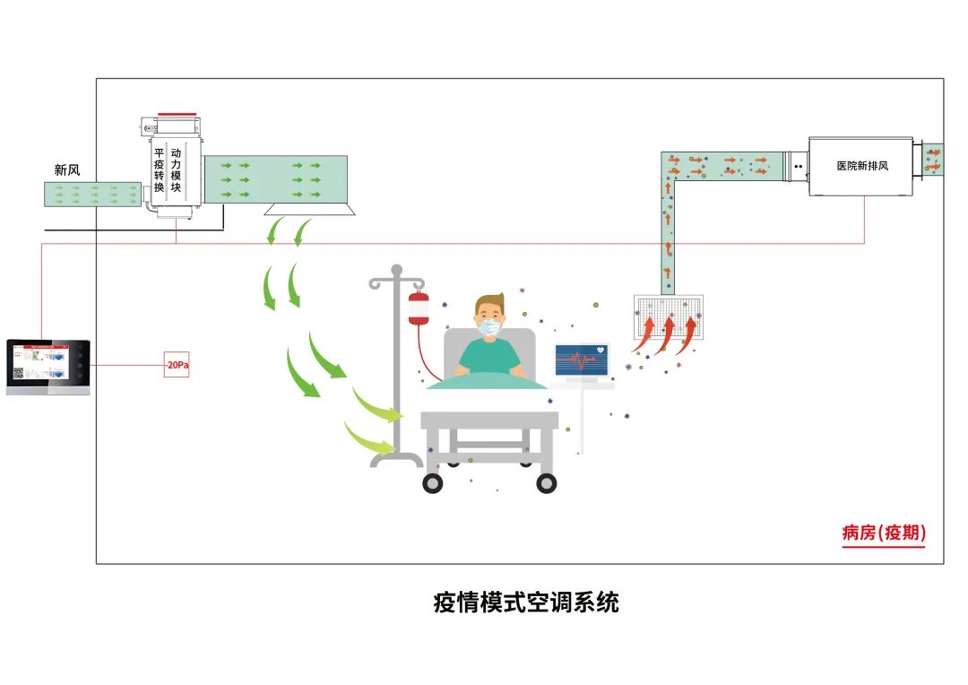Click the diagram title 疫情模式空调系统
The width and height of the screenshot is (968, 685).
coord(526,603)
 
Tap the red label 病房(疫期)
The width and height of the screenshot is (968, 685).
coord(883,533)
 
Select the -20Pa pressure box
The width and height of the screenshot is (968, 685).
coord(177,366)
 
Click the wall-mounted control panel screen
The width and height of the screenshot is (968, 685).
coord(39,366)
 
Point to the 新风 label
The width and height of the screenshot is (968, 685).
coord(67,169)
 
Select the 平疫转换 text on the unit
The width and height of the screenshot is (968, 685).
coord(159,169)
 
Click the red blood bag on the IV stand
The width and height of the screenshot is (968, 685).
coord(418,308)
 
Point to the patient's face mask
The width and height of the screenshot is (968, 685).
coord(489,328)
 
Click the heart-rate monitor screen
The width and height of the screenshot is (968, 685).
coord(582,360)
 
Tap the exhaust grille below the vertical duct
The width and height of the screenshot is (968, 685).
coord(668,316)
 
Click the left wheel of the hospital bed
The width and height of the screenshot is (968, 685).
coord(433,482)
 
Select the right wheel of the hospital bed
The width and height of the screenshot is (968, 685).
coord(546,482)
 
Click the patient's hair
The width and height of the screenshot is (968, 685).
coord(489,302)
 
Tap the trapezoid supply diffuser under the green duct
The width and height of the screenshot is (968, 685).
coord(309,209)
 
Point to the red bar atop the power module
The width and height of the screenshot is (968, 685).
coord(176,115)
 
